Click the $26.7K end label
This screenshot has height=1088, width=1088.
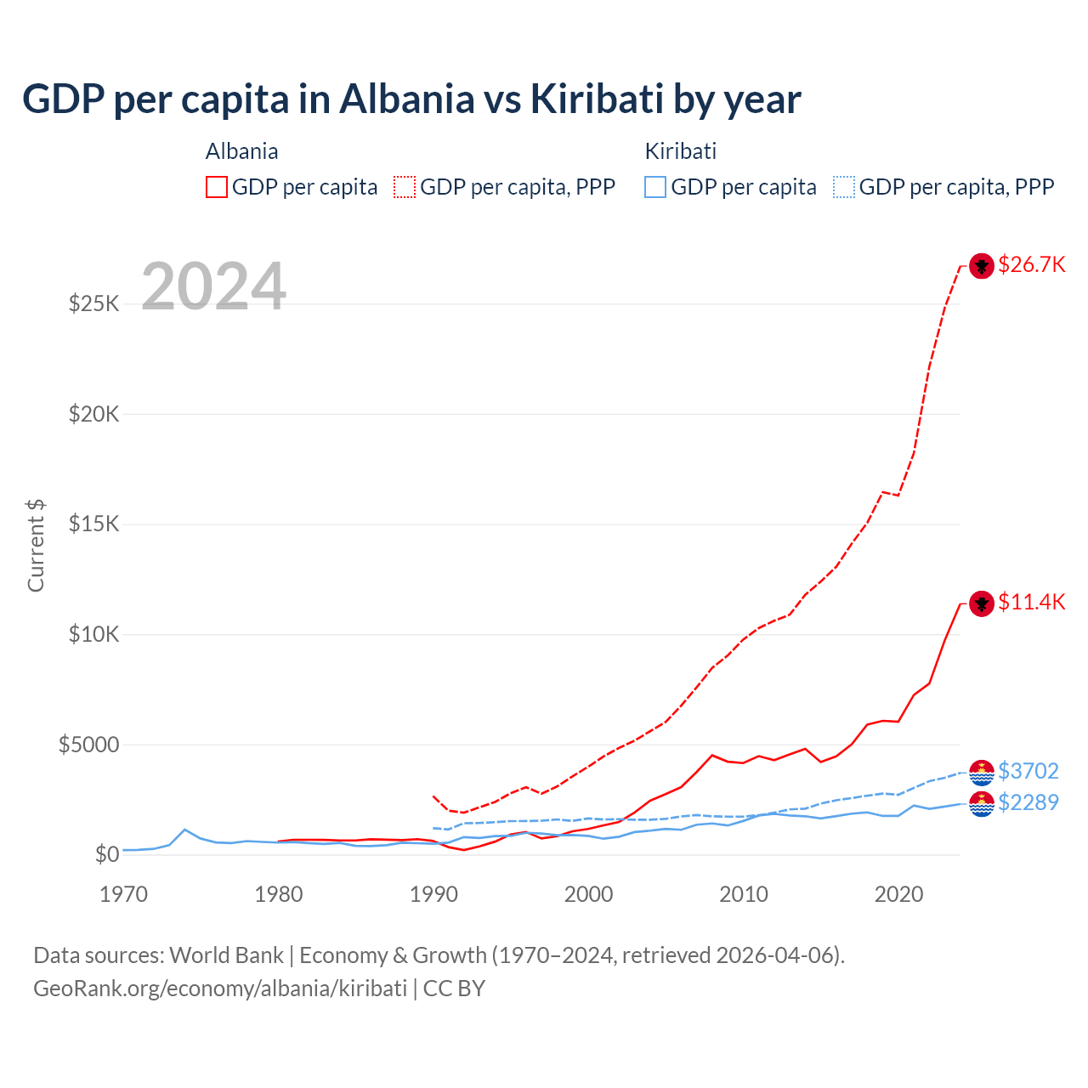pyautogui.click(x=1031, y=264)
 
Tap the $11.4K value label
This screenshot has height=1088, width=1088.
pyautogui.click(x=1031, y=602)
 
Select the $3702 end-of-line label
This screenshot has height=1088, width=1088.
pyautogui.click(x=1028, y=771)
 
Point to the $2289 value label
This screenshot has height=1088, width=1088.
pyautogui.click(x=1028, y=802)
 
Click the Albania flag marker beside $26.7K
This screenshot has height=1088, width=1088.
pyautogui.click(x=982, y=266)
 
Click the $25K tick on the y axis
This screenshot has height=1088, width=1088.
pyautogui.click(x=93, y=303)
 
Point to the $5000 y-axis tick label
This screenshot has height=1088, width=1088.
pyautogui.click(x=88, y=745)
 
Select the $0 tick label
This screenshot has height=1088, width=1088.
pyautogui.click(x=106, y=854)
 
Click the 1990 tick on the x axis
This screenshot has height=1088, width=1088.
pyautogui.click(x=433, y=894)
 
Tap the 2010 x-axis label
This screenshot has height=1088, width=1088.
pyautogui.click(x=744, y=894)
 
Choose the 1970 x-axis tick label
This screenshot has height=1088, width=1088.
pyautogui.click(x=123, y=894)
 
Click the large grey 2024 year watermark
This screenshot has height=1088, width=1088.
pyautogui.click(x=213, y=286)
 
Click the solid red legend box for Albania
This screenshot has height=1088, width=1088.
pyautogui.click(x=217, y=187)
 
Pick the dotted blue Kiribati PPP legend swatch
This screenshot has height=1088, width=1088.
pyautogui.click(x=844, y=187)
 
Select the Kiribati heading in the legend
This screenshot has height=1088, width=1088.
pyautogui.click(x=680, y=151)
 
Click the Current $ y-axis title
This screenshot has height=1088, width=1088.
pyautogui.click(x=36, y=545)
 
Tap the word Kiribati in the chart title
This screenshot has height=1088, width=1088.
pyautogui.click(x=596, y=99)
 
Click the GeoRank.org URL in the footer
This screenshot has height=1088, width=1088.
pyautogui.click(x=220, y=989)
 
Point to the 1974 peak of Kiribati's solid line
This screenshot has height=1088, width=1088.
pyautogui.click(x=185, y=829)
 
